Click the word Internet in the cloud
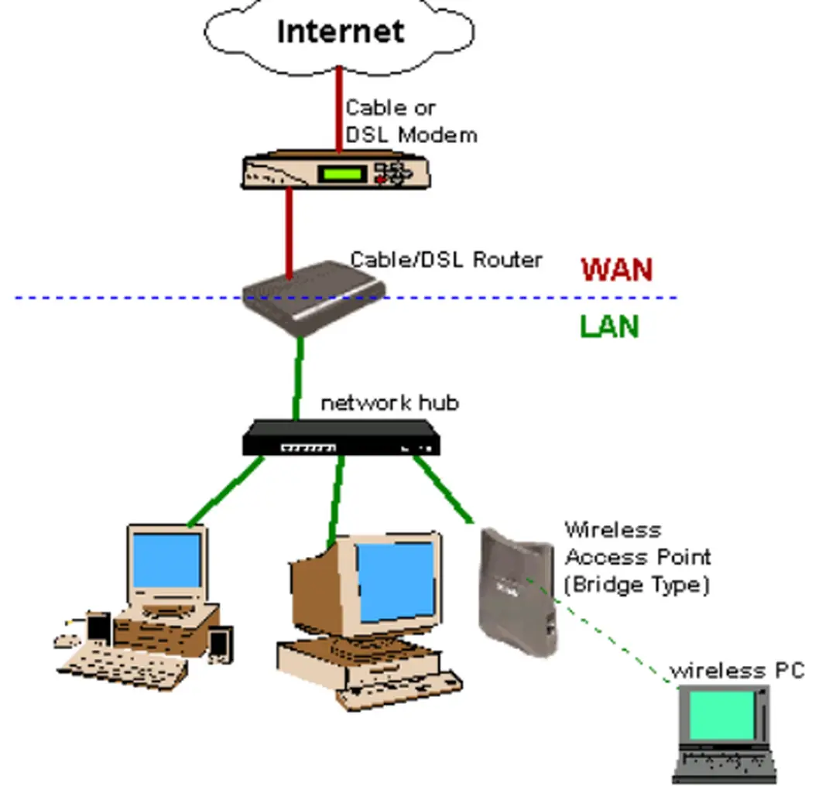pyautogui.click(x=341, y=32)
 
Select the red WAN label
pyautogui.click(x=617, y=270)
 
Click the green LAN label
pyautogui.click(x=610, y=326)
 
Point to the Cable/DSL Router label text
pyautogui.click(x=446, y=259)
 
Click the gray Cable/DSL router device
pyautogui.click(x=313, y=298)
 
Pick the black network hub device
pyautogui.click(x=341, y=439)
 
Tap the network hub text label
pyautogui.click(x=389, y=403)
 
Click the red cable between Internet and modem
pyautogui.click(x=338, y=108)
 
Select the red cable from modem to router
pyautogui.click(x=290, y=232)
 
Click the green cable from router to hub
pyautogui.click(x=298, y=379)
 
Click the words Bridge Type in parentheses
pyautogui.click(x=636, y=584)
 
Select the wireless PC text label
pyautogui.click(x=736, y=670)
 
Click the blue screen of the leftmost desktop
pyautogui.click(x=166, y=561)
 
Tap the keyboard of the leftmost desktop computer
pyautogui.click(x=124, y=665)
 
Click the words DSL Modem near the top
pyautogui.click(x=411, y=135)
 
